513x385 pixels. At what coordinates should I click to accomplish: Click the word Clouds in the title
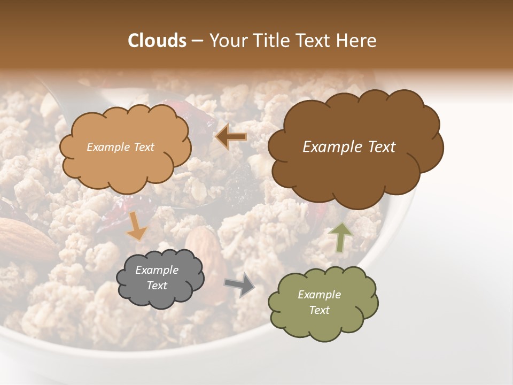click(x=157, y=41)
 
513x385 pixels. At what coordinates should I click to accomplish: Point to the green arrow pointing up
click(x=340, y=237)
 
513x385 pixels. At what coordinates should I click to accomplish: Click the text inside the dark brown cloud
click(x=349, y=147)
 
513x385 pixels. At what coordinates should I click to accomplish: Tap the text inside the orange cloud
click(x=121, y=147)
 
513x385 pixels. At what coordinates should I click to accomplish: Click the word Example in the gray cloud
click(x=157, y=271)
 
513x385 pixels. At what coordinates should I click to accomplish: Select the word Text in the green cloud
click(x=320, y=310)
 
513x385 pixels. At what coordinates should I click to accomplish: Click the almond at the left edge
click(x=24, y=238)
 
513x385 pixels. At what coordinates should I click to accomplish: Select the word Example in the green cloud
click(x=320, y=295)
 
